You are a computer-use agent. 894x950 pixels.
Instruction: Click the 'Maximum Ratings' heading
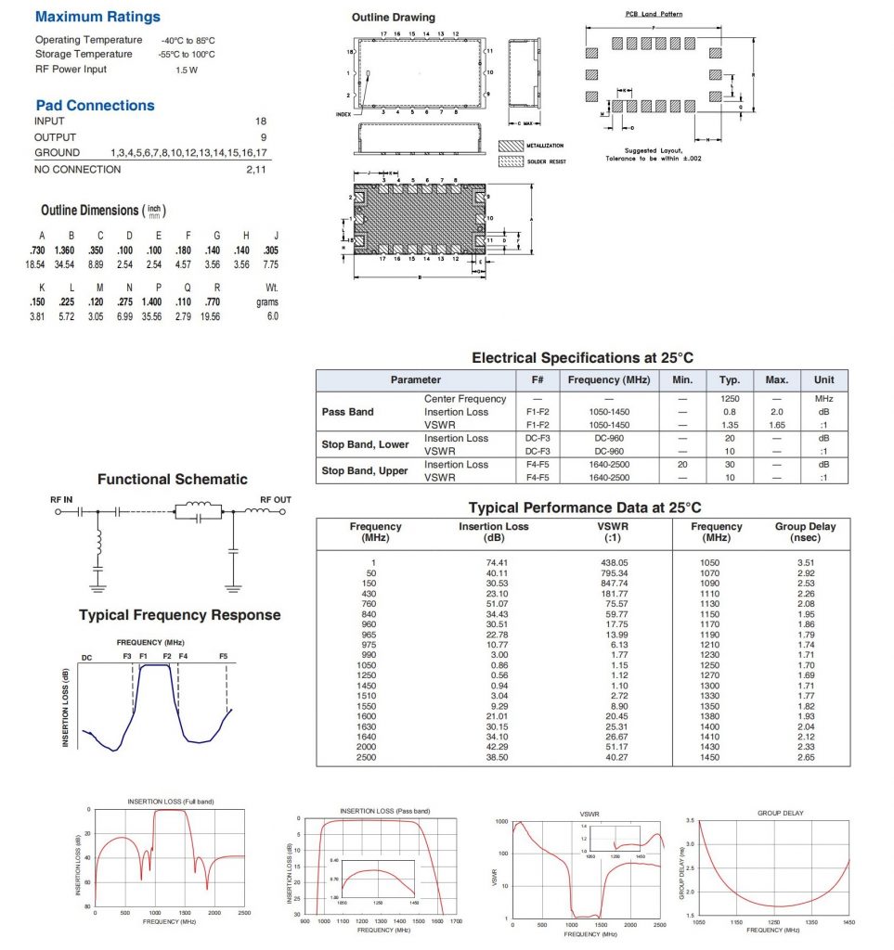97,17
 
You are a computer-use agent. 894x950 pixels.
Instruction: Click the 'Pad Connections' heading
95,106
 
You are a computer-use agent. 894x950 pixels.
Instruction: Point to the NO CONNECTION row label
77,170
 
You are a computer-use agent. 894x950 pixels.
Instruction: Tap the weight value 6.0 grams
272,316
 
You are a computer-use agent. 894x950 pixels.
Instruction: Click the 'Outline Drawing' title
393,18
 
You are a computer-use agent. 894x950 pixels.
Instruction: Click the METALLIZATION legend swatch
512,146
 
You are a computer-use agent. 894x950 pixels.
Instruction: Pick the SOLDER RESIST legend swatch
512,161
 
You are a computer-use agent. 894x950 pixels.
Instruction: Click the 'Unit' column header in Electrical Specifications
823,379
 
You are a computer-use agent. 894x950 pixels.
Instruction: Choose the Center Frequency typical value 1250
729,399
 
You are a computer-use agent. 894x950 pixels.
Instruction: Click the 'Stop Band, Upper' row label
365,470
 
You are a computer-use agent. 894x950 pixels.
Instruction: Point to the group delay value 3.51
805,563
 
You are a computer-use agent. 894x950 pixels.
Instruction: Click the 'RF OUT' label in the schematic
276,500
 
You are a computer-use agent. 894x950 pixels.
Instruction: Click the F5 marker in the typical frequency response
224,657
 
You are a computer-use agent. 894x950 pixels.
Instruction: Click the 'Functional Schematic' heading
173,480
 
